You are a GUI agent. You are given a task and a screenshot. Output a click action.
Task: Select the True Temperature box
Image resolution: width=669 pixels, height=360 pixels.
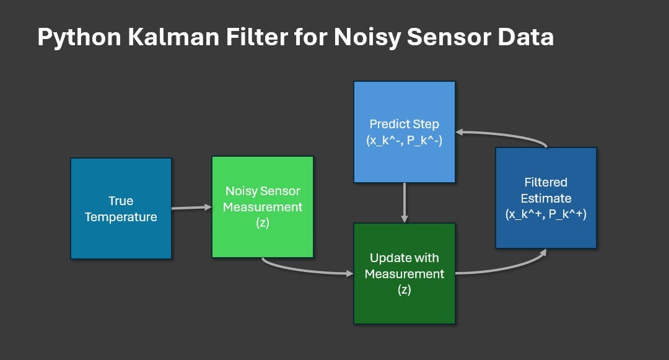click(x=121, y=208)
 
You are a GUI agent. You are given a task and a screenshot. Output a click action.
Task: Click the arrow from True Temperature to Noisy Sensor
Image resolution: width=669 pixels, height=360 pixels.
click(x=191, y=208)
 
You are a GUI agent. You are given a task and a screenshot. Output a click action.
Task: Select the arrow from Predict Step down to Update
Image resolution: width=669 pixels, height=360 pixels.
click(x=404, y=203)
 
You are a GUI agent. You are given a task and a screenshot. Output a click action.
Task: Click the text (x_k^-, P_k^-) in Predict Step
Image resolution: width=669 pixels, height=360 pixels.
click(x=404, y=140)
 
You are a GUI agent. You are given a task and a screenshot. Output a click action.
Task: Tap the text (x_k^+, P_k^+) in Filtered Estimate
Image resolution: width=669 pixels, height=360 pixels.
click(x=546, y=215)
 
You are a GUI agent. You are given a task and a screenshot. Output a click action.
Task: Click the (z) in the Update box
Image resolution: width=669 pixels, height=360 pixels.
click(x=404, y=289)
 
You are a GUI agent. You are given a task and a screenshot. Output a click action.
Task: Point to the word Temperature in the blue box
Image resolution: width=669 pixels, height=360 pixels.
click(x=121, y=217)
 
